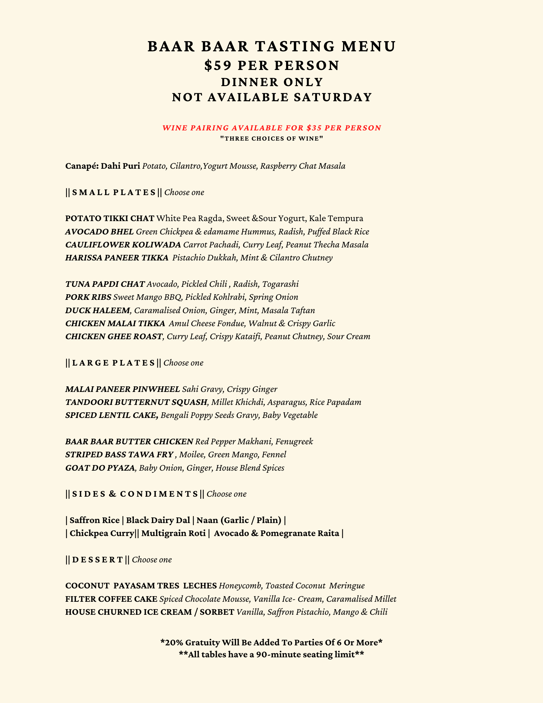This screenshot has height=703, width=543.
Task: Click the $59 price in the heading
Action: click(x=216, y=66)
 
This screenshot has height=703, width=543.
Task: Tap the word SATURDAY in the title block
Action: click(x=333, y=97)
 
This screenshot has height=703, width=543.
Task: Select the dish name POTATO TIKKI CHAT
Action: click(x=110, y=219)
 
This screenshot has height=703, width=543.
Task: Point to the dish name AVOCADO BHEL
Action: click(x=99, y=232)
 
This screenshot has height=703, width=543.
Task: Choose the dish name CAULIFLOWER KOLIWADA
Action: click(x=123, y=245)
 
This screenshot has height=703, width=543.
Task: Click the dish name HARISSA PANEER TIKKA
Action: click(x=117, y=258)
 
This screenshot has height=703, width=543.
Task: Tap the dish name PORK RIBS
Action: click(x=88, y=297)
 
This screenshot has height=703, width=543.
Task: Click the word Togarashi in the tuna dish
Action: click(x=280, y=284)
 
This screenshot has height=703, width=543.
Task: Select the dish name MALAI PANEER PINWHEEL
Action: click(x=123, y=389)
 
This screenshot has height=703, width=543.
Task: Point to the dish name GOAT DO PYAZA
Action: click(x=100, y=468)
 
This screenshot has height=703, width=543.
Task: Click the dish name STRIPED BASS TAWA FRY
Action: click(x=119, y=455)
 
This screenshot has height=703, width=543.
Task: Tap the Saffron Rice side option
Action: click(x=93, y=520)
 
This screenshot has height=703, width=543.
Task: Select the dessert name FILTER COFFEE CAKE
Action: click(x=111, y=599)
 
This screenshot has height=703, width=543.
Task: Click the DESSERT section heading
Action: click(x=98, y=560)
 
